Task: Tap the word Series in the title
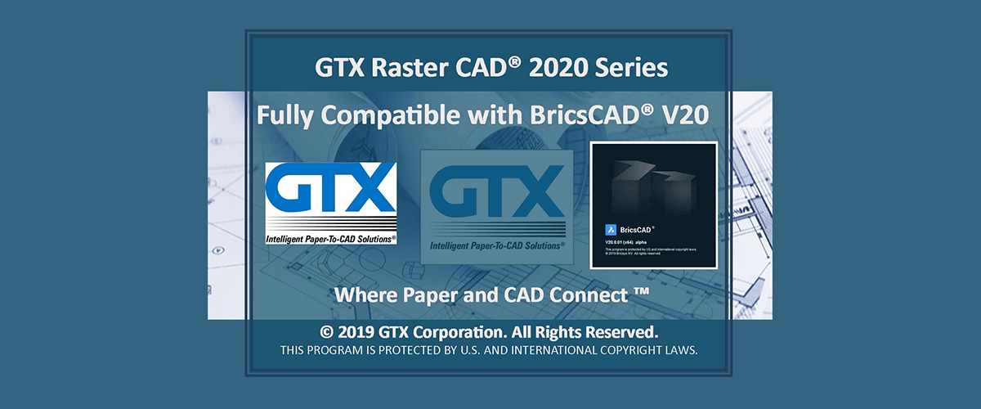point(637,68)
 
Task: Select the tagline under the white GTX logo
point(330,239)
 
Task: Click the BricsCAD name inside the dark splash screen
point(637,230)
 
